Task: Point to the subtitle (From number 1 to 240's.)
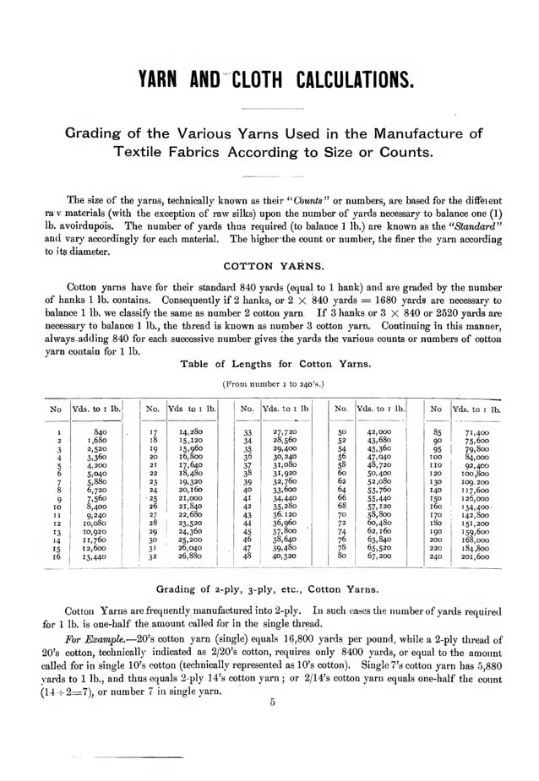[273, 383]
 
